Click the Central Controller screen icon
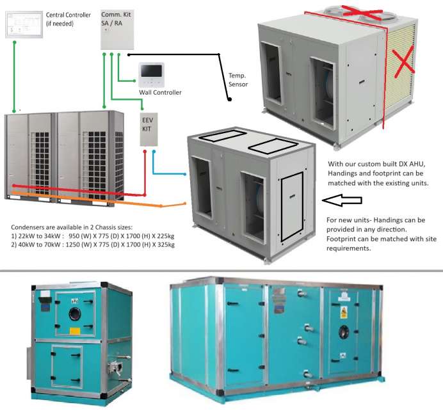(x=19, y=24)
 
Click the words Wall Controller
(x=160, y=93)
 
